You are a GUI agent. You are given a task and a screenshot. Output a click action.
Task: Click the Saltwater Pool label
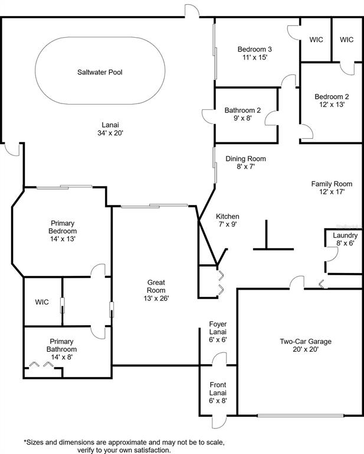tap(100, 72)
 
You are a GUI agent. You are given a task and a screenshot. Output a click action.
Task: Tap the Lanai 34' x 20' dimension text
tap(110, 133)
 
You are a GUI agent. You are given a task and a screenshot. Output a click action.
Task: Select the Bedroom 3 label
tap(254, 49)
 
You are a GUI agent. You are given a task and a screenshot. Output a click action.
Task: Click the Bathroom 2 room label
tap(242, 111)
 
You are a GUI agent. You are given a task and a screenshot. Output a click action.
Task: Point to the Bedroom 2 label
tap(332, 96)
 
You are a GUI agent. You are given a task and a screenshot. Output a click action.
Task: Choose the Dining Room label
tap(245, 158)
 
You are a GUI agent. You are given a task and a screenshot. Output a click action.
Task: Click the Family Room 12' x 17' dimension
tap(332, 192)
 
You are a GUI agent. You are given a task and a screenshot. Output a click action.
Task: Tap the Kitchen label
tap(228, 216)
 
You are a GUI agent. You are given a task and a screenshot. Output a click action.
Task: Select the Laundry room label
tap(345, 235)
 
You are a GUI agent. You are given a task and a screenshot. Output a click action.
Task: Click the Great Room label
tap(156, 286)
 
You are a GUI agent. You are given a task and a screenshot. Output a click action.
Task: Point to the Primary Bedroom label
tap(63, 227)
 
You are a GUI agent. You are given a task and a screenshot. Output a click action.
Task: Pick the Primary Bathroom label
tap(61, 345)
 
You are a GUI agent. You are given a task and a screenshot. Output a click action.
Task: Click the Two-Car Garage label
tap(306, 341)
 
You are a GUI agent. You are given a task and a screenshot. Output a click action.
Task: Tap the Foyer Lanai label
tap(218, 328)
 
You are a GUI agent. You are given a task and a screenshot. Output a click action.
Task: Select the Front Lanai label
tap(218, 389)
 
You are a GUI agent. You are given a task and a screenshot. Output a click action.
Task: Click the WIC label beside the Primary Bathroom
tap(42, 302)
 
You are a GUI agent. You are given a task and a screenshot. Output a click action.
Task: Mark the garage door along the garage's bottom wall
tap(300, 416)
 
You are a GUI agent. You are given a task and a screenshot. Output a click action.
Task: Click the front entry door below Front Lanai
tap(219, 422)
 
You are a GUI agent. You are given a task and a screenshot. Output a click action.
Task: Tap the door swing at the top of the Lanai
tap(192, 11)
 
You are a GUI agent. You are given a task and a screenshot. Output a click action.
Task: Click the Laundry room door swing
tap(332, 254)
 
